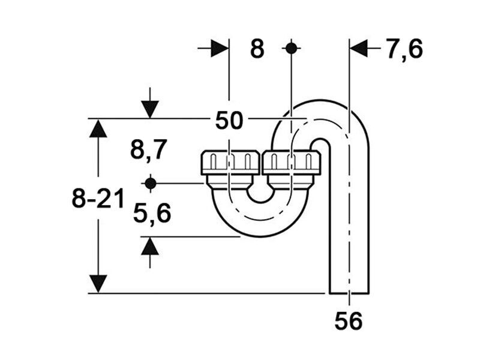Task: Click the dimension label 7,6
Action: click(404, 49)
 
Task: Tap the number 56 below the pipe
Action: click(349, 321)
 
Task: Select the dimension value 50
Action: click(229, 121)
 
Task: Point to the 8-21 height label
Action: click(98, 199)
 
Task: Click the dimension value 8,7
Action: click(149, 150)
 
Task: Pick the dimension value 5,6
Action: click(152, 214)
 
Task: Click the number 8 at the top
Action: click(257, 49)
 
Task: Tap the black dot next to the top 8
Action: click(291, 48)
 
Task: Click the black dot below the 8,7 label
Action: click(151, 184)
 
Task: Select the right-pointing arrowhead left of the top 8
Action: click(220, 48)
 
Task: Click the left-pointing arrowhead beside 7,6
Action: click(358, 49)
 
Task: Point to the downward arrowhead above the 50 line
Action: click(150, 109)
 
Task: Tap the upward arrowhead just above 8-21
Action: click(98, 128)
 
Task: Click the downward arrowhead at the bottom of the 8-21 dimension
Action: click(98, 284)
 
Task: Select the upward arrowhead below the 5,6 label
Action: click(150, 246)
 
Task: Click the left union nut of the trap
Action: click(230, 163)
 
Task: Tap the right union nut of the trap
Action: click(292, 163)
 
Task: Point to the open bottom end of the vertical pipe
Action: click(349, 293)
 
